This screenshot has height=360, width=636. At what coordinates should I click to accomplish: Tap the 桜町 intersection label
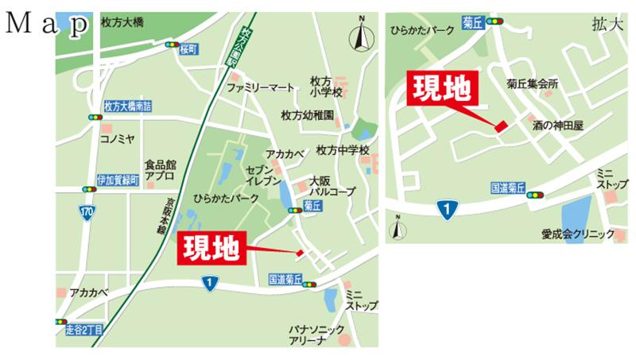(x=188, y=48)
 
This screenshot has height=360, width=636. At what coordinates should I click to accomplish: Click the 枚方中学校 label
(x=343, y=149)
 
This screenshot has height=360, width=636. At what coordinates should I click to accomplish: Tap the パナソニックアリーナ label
(x=317, y=335)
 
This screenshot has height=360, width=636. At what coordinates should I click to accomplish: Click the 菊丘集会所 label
(x=533, y=83)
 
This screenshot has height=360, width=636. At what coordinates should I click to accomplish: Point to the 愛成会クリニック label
(x=578, y=234)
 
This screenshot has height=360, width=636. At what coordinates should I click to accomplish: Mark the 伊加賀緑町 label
(x=118, y=180)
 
